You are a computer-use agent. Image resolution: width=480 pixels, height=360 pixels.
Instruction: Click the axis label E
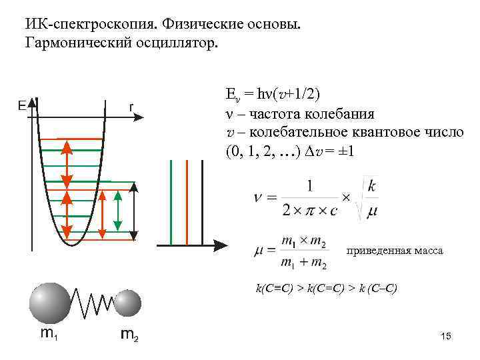[22, 106]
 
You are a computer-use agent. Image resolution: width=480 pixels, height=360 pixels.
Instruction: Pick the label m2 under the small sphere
[129, 334]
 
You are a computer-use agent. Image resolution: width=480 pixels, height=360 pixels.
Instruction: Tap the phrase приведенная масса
[395, 251]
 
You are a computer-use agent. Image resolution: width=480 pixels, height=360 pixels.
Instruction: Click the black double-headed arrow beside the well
[134, 211]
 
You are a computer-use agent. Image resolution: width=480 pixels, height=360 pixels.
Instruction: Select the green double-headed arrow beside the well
[117, 213]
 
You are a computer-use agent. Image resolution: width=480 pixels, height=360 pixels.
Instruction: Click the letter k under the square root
[371, 186]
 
